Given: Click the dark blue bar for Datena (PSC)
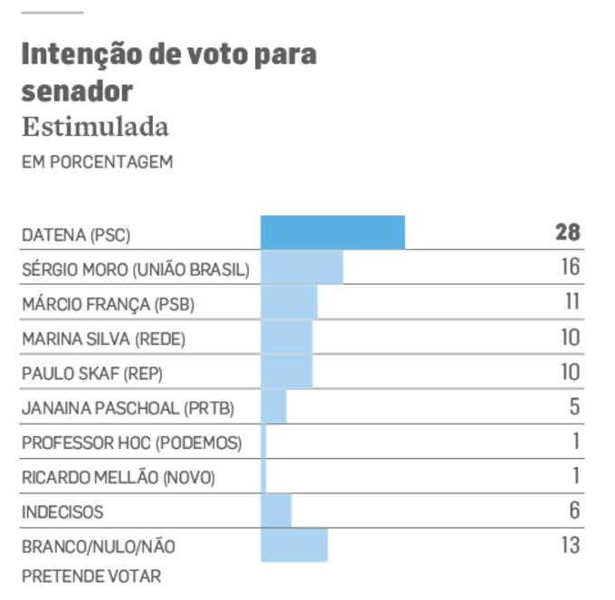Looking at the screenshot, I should [x=333, y=233].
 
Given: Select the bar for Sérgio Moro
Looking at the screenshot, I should [x=302, y=268].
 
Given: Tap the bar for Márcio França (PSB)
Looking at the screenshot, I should [x=289, y=303].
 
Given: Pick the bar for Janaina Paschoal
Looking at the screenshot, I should [x=274, y=407].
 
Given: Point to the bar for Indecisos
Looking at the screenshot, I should [x=277, y=511].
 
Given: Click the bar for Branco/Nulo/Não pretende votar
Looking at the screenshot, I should [x=294, y=546].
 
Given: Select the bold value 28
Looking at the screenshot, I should [x=567, y=233].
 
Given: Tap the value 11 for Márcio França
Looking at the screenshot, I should [x=571, y=302].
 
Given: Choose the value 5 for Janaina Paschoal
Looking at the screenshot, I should [x=574, y=406].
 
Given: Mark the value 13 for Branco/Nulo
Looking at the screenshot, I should [x=569, y=546].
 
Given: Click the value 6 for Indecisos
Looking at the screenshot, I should [x=574, y=510].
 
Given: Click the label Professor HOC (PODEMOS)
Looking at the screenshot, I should [x=132, y=443].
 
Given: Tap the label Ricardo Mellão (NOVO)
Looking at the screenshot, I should [x=118, y=477].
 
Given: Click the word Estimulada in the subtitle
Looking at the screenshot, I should [x=95, y=128].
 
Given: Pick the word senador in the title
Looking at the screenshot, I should [x=77, y=90].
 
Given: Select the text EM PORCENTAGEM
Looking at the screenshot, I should [x=98, y=164].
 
